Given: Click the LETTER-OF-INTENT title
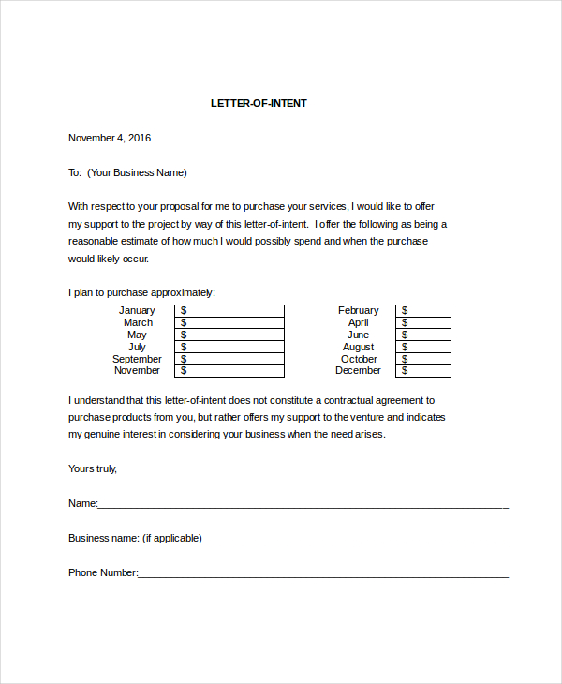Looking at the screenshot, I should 259,103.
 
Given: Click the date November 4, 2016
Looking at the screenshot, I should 110,138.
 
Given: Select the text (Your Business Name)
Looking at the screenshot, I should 137,172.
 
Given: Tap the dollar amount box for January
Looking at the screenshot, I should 229,310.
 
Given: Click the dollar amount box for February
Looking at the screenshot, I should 423,310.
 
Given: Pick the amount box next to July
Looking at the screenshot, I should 229,347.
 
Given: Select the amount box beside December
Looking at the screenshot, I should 423,371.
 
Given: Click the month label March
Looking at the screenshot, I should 138,322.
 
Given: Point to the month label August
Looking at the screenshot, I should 358,347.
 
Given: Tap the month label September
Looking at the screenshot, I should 137,359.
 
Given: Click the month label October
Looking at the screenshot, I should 359,359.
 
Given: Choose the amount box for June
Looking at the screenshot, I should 423,335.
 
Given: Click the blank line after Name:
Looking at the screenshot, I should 303,504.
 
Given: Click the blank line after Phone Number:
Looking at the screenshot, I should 323,573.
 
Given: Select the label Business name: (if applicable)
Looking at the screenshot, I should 135,538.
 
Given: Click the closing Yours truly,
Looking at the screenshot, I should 93,468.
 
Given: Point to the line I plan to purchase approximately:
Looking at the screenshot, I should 141,292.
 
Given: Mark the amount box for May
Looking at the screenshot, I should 229,335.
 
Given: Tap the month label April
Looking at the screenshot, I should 359,322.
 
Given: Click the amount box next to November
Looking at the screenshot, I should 229,371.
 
